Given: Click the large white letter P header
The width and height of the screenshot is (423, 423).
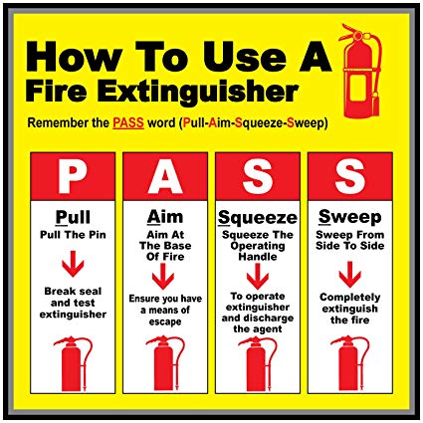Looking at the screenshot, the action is click(x=73, y=176).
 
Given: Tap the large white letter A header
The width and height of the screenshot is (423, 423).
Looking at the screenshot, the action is click(x=165, y=176).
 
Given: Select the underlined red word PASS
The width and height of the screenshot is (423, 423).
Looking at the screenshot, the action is click(x=128, y=122).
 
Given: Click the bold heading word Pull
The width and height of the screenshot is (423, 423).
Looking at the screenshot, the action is click(x=73, y=217).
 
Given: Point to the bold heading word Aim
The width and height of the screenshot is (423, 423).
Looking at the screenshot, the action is click(x=165, y=217).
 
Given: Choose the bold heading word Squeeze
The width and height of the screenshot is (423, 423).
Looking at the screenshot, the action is click(x=258, y=218).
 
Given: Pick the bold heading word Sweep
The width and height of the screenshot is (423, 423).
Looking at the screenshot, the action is click(x=350, y=218).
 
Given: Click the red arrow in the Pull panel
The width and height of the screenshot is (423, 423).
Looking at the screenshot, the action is click(x=73, y=264).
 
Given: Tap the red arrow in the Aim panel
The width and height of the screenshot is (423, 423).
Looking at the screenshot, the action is click(x=163, y=276).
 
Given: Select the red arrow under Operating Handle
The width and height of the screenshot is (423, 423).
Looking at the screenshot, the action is click(x=258, y=276).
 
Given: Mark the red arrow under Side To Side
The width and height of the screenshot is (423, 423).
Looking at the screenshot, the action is click(x=350, y=275).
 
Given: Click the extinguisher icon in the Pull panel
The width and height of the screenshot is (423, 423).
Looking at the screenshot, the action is click(x=73, y=364).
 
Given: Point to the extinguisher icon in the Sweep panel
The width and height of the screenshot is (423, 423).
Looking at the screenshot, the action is click(x=350, y=364).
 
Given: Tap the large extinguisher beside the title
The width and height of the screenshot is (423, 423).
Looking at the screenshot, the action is click(x=360, y=72).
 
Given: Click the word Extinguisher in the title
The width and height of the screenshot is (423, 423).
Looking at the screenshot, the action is click(x=198, y=92).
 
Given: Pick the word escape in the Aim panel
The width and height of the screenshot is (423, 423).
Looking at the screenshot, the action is click(x=165, y=321).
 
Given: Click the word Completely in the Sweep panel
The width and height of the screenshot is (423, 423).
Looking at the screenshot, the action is click(x=350, y=298).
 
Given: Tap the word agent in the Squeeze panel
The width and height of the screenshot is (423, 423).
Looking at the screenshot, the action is click(x=267, y=329).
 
